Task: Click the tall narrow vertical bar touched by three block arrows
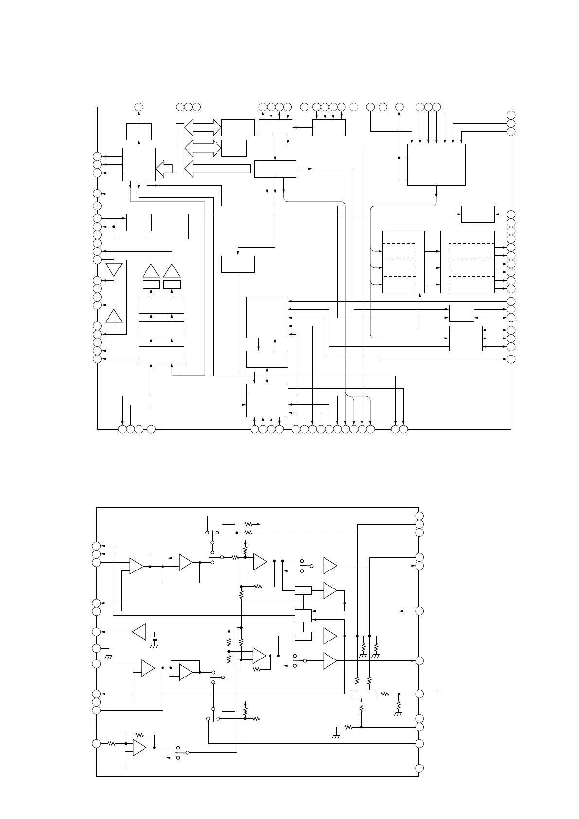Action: click(x=180, y=148)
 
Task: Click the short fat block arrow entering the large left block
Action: click(x=164, y=169)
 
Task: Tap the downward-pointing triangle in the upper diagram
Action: click(x=114, y=269)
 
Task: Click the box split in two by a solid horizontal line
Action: click(x=436, y=164)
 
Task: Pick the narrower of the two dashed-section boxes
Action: click(x=403, y=262)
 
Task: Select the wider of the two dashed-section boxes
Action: click(x=467, y=262)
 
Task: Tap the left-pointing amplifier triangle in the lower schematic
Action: click(x=139, y=632)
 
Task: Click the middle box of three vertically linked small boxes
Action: click(x=303, y=615)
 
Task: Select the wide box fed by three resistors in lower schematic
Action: click(x=363, y=694)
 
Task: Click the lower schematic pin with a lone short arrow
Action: click(x=419, y=611)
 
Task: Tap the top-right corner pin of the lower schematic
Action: click(x=419, y=516)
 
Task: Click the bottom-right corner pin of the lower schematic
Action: click(x=419, y=768)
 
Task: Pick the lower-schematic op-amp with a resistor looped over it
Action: click(x=140, y=748)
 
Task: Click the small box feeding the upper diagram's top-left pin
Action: click(x=139, y=131)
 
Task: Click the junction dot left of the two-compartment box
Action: click(x=399, y=158)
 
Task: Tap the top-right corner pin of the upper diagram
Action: click(x=511, y=115)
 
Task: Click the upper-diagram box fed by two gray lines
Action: click(x=465, y=338)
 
